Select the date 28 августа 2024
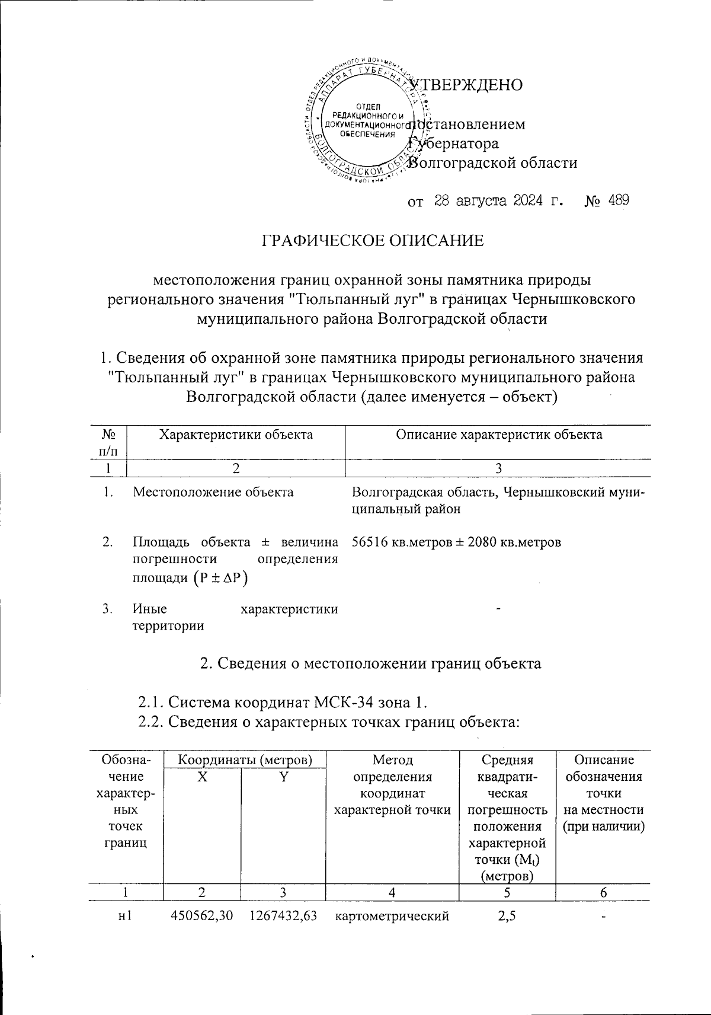pos(489,200)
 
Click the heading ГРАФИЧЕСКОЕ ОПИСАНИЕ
pos(373,240)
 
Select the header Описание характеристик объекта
pos(499,435)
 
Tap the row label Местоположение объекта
pos(213,492)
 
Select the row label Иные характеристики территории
pos(235,617)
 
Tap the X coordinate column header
pos(202,778)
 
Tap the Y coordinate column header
pos(283,778)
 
